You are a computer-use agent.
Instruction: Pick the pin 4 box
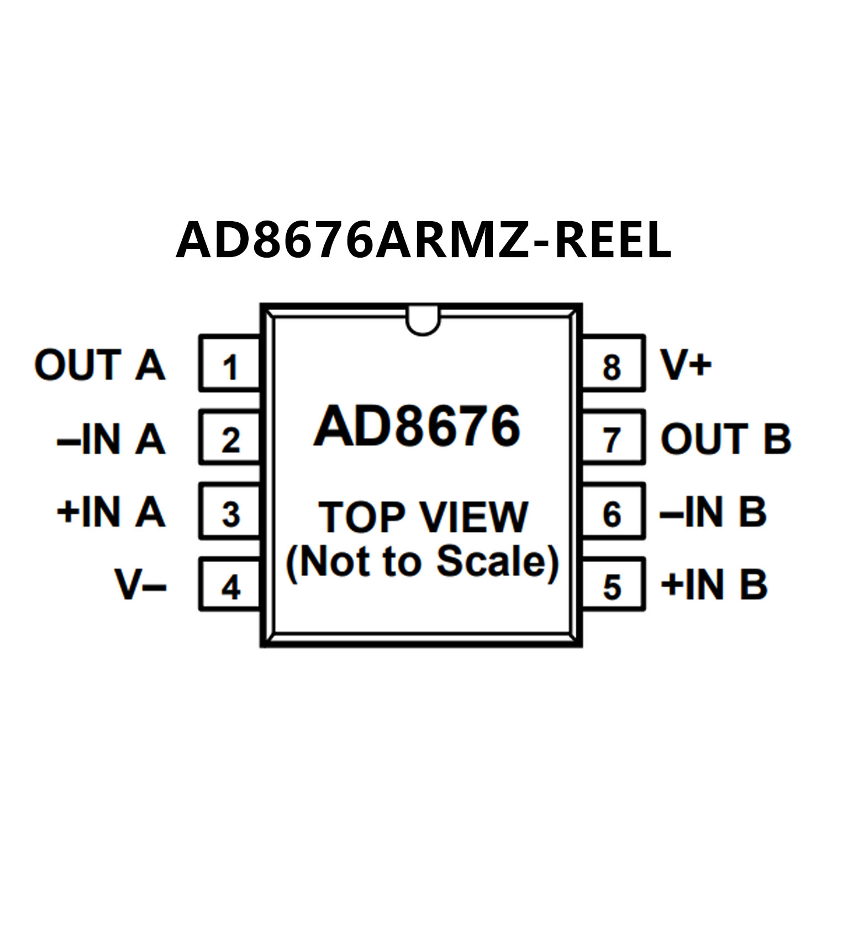(229, 585)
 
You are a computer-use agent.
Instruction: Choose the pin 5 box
(613, 585)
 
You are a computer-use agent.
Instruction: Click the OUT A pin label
(100, 365)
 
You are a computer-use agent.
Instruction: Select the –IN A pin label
(111, 439)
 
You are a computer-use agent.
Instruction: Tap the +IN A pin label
(111, 512)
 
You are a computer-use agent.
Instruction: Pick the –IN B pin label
(713, 512)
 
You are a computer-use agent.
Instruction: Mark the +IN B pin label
(714, 585)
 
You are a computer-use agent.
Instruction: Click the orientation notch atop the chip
(423, 323)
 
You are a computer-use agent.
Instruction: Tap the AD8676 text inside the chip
(417, 426)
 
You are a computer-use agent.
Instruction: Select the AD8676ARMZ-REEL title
(424, 240)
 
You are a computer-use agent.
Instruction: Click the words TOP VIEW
(423, 517)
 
